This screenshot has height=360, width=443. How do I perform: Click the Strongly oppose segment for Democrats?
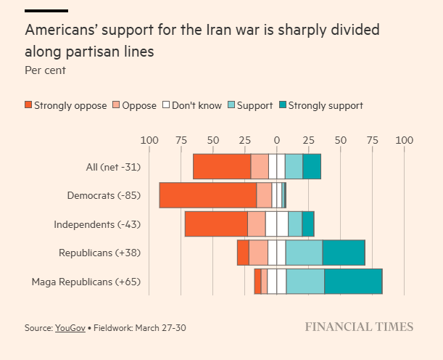click(208, 195)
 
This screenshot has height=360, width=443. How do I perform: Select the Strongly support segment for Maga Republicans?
click(353, 281)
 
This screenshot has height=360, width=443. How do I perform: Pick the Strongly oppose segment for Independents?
click(216, 224)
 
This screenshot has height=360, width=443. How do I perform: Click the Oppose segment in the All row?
click(260, 167)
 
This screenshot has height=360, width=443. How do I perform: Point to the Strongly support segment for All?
click(312, 167)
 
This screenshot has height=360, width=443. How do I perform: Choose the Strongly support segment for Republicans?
click(344, 253)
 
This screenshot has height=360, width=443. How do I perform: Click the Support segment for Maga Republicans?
click(305, 281)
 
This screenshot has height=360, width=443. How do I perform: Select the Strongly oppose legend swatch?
click(28, 105)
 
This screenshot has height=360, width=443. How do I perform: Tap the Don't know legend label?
click(196, 105)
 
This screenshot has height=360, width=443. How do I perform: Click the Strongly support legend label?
click(326, 105)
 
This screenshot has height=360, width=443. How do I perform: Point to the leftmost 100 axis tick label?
click(149, 140)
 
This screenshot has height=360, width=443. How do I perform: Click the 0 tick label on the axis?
click(276, 140)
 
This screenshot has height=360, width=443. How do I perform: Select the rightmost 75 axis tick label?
click(372, 140)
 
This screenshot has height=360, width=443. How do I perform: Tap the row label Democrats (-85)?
click(103, 195)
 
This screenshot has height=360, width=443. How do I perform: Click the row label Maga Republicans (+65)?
click(86, 281)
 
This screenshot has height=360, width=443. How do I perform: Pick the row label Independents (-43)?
click(97, 224)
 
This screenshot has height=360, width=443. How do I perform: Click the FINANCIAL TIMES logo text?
click(359, 327)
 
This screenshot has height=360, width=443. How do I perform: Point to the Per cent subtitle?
click(45, 70)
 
